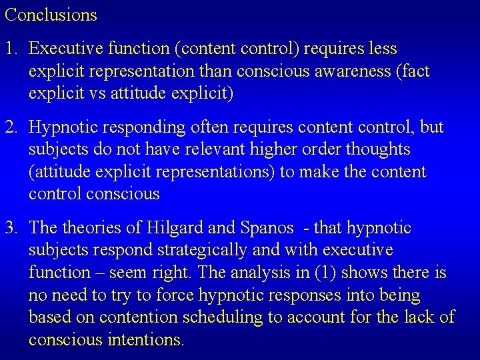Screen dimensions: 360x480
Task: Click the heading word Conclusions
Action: tap(51, 15)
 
